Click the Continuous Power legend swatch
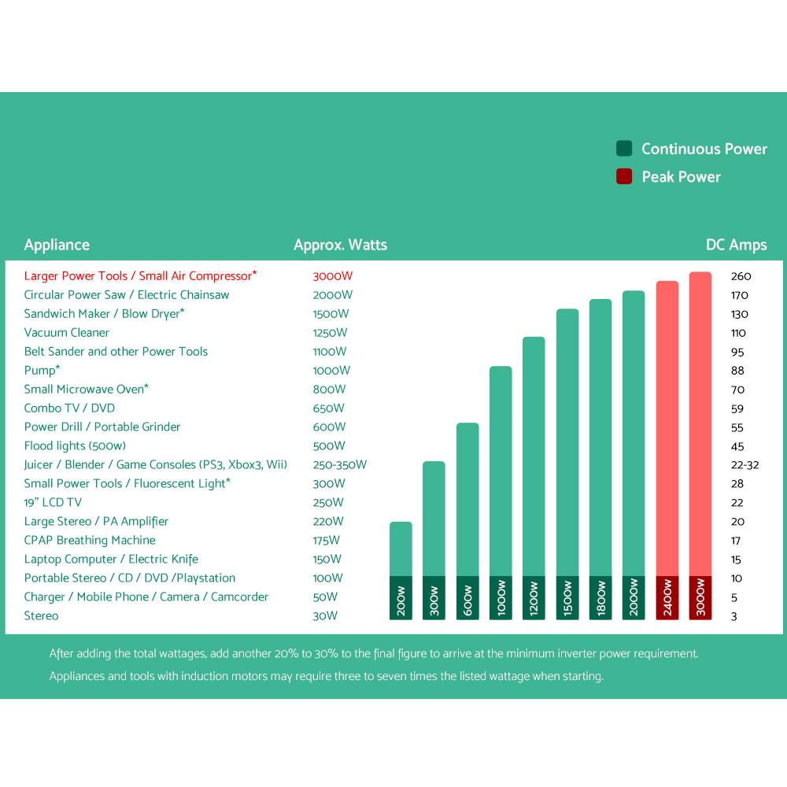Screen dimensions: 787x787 click(624, 149)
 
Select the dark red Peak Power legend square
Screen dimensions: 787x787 click(624, 177)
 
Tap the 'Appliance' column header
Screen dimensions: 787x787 click(57, 245)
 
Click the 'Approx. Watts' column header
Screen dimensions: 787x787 click(340, 245)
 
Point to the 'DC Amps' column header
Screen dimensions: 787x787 click(736, 245)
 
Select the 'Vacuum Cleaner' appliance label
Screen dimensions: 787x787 click(67, 333)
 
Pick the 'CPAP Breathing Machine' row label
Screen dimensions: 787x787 click(90, 541)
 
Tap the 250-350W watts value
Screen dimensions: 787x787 click(339, 465)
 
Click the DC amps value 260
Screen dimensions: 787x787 click(741, 276)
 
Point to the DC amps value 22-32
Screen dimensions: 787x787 click(745, 465)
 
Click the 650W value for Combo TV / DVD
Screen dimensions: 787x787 click(328, 408)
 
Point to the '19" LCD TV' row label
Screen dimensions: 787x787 click(53, 503)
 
